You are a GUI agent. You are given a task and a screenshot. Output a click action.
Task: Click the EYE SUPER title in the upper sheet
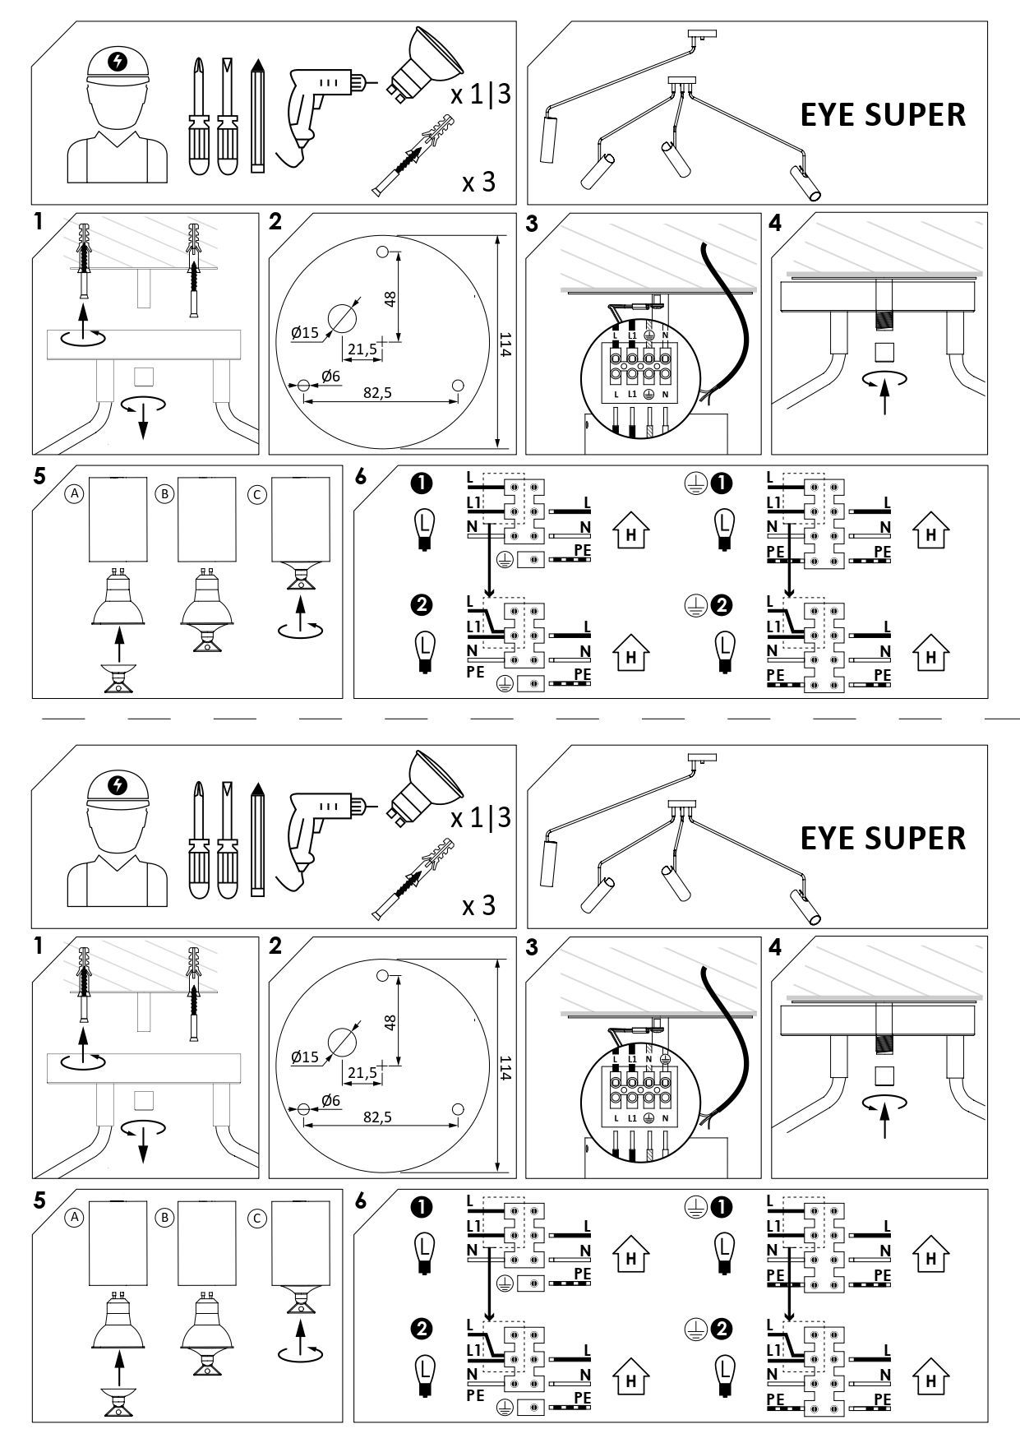click(883, 115)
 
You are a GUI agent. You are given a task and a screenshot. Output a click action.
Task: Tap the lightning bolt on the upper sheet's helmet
click(119, 62)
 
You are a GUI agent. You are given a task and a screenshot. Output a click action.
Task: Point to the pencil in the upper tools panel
click(258, 115)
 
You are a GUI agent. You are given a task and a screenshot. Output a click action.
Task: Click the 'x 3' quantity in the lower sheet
click(479, 905)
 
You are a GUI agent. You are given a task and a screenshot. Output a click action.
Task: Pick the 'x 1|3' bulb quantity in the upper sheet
click(481, 94)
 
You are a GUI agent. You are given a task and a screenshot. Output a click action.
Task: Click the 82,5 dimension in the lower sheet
click(377, 1117)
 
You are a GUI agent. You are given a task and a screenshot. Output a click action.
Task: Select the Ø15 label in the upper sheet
click(304, 333)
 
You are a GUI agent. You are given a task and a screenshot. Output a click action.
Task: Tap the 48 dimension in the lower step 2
click(390, 1022)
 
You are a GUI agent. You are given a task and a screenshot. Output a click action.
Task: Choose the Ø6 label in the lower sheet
click(331, 1100)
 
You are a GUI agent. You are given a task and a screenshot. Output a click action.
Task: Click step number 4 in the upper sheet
click(775, 224)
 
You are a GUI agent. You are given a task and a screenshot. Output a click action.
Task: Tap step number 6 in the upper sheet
click(361, 476)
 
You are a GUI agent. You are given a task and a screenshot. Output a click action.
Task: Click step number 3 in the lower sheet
click(532, 947)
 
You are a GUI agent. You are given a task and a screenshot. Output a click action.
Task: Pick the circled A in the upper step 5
click(75, 494)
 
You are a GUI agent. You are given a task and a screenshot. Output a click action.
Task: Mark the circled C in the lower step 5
click(257, 1219)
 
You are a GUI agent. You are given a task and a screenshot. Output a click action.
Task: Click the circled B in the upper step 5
click(166, 494)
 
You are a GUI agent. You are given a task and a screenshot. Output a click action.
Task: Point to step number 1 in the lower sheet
click(39, 946)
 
